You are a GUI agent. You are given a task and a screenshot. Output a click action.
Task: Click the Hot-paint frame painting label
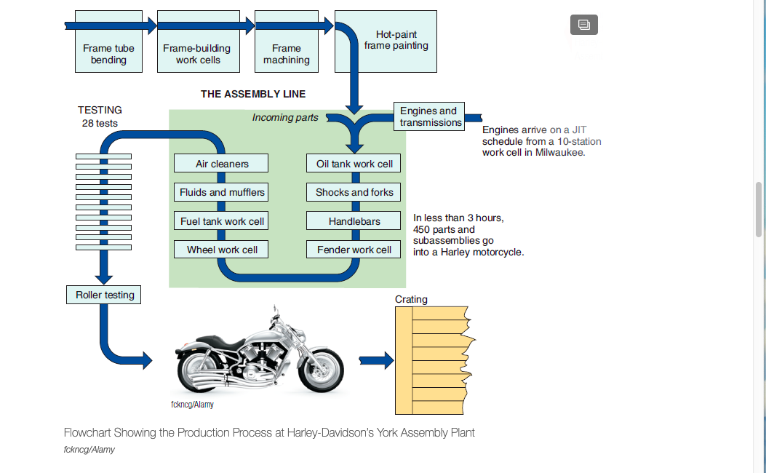coord(396,40)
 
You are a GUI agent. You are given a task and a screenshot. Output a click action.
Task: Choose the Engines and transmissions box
coord(429,116)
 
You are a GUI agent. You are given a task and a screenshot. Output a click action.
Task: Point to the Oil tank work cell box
coord(354,163)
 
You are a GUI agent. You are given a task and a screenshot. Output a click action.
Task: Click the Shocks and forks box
coord(354,192)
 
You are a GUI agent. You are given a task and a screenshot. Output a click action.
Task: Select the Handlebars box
coord(354,221)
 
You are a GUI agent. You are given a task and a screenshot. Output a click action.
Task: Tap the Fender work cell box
coord(354,249)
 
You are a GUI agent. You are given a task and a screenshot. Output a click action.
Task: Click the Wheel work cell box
coord(221,249)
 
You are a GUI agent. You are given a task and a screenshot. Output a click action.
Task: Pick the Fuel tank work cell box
coord(221,221)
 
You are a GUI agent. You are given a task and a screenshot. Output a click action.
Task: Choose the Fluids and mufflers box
coord(221,192)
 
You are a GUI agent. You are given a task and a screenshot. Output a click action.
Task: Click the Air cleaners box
coord(221,163)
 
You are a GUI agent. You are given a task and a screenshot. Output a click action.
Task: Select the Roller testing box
coord(103,295)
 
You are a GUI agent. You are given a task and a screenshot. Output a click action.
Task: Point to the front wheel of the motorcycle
coord(321,370)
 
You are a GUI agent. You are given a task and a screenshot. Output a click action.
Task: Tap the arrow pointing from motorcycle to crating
coord(376,361)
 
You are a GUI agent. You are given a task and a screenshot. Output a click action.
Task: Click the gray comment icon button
coord(584,25)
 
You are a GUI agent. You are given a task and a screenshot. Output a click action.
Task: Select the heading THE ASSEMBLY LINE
coord(253,94)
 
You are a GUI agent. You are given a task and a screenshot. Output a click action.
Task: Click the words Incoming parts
coord(285,117)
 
